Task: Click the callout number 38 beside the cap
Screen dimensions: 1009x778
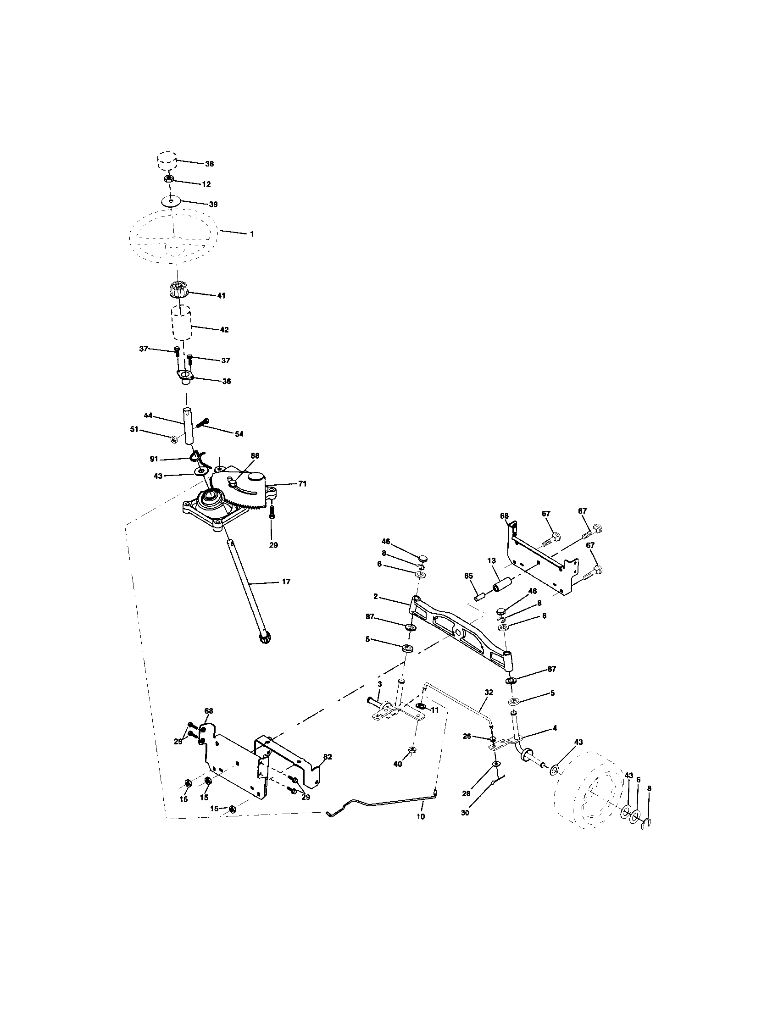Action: tap(209, 164)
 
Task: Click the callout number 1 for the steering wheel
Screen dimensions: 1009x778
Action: tap(252, 234)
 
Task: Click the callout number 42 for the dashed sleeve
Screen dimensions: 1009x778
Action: tap(224, 330)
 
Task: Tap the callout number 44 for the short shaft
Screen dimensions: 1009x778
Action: tap(148, 416)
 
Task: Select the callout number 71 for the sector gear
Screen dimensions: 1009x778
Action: tap(302, 484)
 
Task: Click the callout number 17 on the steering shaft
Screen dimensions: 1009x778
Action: tap(286, 582)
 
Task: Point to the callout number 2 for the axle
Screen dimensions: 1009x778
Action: tap(376, 596)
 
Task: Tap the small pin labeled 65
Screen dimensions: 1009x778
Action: tap(481, 594)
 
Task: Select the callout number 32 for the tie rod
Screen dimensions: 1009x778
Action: tap(489, 705)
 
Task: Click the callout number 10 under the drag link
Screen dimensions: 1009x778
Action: tap(420, 816)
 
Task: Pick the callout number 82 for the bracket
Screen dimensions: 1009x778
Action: tap(328, 757)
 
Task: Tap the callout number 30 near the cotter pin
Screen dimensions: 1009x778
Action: tap(465, 813)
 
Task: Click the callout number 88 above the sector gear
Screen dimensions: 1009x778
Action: tap(255, 455)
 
